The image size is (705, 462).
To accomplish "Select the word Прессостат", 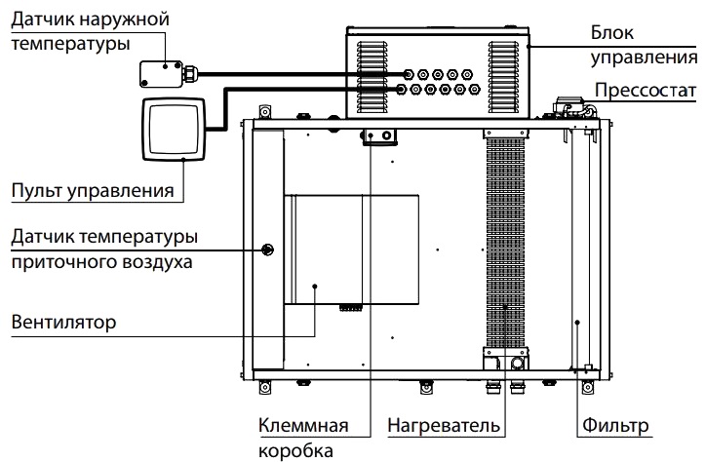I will tap(646, 91).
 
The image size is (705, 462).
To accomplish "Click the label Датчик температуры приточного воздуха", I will tap(103, 249).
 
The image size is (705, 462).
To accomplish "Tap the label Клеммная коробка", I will tap(297, 439).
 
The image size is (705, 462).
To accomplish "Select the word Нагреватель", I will tap(444, 427).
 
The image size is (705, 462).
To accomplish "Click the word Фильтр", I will tap(615, 427).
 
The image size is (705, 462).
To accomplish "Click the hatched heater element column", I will tap(504, 244).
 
